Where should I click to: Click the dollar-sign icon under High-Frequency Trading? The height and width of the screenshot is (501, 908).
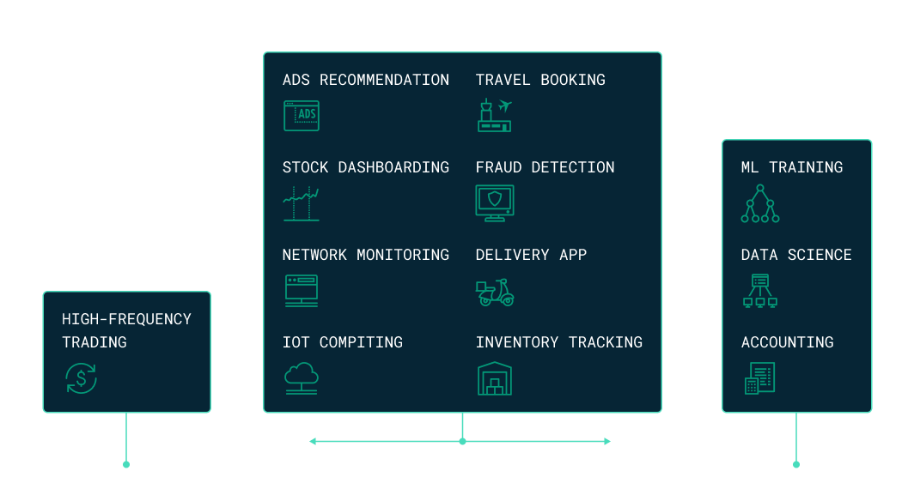pos(82,378)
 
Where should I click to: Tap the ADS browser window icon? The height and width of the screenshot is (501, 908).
pos(301,116)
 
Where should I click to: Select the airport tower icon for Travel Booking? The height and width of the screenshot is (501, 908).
pos(494,116)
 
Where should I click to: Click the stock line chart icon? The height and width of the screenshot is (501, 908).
pos(301,204)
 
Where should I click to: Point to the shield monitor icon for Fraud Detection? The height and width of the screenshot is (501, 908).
pos(495,203)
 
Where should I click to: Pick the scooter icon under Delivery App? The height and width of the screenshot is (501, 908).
pos(495,292)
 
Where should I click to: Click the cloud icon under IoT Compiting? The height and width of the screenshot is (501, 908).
pos(301,377)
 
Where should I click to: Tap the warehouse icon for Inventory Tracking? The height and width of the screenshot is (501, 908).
pos(495,378)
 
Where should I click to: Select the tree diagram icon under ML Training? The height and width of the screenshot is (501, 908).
pos(760,204)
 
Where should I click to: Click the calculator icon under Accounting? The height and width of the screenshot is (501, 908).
pos(760,378)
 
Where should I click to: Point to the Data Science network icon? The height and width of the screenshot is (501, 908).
pos(760,291)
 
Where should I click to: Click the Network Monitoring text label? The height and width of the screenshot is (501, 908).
pos(366,255)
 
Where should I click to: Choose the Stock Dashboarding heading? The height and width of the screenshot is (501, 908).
pos(366,167)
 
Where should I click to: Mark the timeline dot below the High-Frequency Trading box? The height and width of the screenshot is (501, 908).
pos(126,464)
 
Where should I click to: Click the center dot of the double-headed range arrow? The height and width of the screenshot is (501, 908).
pos(462,441)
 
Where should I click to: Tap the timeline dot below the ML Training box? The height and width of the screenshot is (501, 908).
pos(796,464)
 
